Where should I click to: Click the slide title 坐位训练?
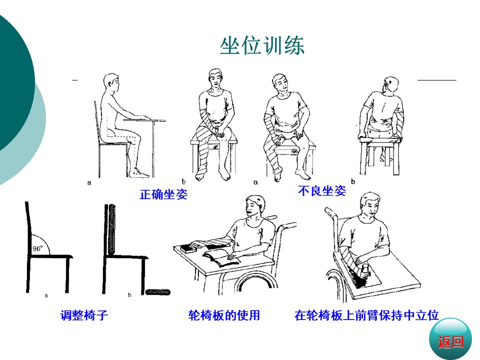[262, 46]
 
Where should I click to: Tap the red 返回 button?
[450, 341]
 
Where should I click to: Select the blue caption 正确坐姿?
[163, 194]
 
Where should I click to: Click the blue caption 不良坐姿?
[321, 191]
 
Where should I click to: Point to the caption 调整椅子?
[84, 315]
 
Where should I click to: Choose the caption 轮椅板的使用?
[224, 315]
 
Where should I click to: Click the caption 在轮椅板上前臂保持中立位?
[366, 315]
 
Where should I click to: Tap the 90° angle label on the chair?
[37, 248]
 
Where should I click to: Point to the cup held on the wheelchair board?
[365, 270]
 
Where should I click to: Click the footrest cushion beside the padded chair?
[157, 292]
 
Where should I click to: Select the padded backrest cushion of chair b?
[112, 229]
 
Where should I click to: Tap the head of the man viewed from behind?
[391, 85]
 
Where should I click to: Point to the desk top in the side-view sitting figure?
[144, 120]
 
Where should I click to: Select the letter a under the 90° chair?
[46, 295]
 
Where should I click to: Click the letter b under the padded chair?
[129, 295]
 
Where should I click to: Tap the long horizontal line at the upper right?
[437, 80]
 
